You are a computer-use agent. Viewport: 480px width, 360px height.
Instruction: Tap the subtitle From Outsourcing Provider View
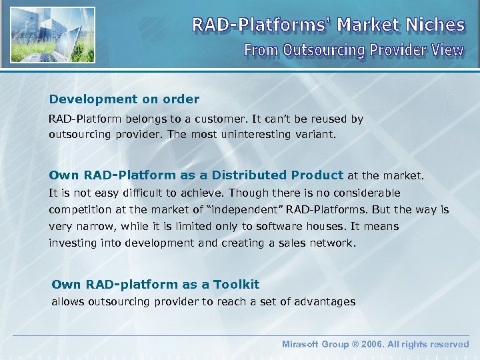point(353,51)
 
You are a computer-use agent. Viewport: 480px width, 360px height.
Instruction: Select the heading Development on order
point(124,99)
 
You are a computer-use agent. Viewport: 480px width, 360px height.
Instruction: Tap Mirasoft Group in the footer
point(315,345)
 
